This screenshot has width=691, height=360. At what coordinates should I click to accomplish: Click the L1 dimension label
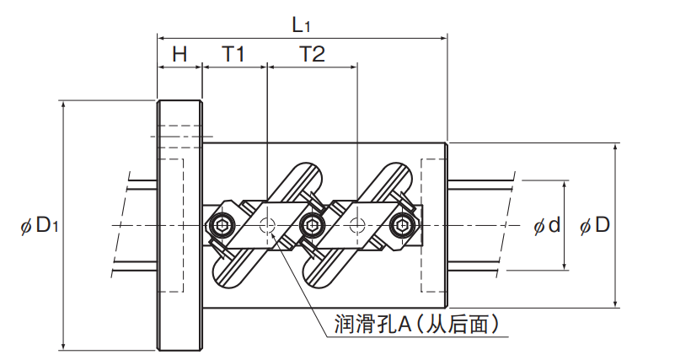pos(301,23)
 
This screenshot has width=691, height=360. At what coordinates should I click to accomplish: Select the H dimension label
pos(179,55)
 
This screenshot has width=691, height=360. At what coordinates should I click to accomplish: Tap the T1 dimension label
pos(233,55)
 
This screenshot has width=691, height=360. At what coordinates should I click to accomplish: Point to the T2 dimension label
pos(312,55)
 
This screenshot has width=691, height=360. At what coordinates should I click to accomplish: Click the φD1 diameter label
pos(37,225)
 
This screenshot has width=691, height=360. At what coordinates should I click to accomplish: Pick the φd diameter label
pos(546,225)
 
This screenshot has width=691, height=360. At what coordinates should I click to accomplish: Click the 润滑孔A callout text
pos(413,323)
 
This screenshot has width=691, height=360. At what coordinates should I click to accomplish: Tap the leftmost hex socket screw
pos(221,225)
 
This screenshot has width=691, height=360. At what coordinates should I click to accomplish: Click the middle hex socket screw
pos(312,225)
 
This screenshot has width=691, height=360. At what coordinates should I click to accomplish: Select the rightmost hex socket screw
pos(402,225)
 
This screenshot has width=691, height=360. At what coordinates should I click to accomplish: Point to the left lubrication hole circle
pos(268,225)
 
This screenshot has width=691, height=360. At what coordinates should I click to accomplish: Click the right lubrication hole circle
pos(357,225)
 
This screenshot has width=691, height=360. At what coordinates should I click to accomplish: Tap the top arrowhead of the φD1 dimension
pos(63,104)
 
